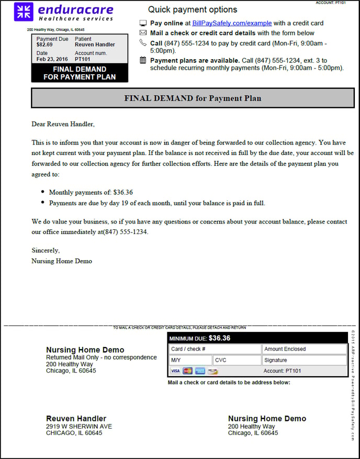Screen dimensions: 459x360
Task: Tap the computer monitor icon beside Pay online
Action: pyautogui.click(x=143, y=23)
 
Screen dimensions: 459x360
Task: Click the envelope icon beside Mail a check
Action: pyautogui.click(x=143, y=33)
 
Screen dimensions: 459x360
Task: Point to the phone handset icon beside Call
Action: pyautogui.click(x=143, y=43)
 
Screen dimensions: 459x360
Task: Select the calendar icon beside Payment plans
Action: pyautogui.click(x=143, y=60)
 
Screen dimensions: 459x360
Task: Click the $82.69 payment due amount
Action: pyautogui.click(x=44, y=45)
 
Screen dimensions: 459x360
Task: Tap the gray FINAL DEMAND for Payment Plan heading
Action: pyautogui.click(x=193, y=98)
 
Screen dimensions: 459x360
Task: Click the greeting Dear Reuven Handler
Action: pyautogui.click(x=63, y=124)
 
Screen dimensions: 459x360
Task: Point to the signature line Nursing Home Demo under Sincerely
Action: pyautogui.click(x=62, y=261)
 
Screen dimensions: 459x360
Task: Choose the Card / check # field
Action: pyautogui.click(x=215, y=349)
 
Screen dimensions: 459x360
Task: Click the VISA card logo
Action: pyautogui.click(x=175, y=371)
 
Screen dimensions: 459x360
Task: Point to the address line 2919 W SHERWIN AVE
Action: pyautogui.click(x=79, y=427)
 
